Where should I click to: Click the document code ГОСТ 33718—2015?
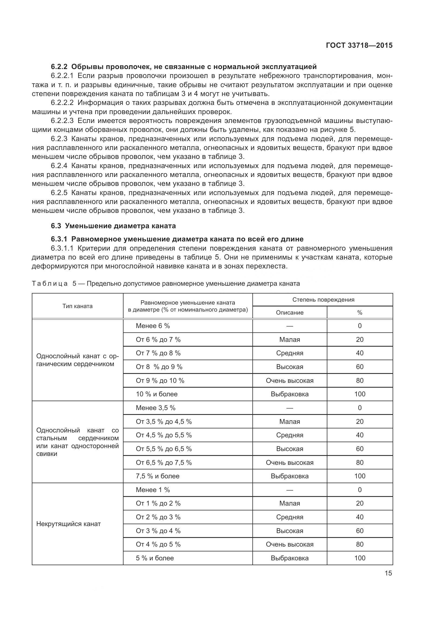(359, 46)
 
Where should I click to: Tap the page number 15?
(388, 573)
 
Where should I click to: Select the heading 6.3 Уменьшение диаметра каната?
(113, 226)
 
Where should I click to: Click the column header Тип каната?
(77, 306)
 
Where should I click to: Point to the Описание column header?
(289, 313)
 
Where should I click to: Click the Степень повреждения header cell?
(323, 300)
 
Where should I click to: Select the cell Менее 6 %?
(153, 326)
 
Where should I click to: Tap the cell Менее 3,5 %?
(155, 408)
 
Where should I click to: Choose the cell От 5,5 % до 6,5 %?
(164, 449)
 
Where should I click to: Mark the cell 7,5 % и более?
(157, 476)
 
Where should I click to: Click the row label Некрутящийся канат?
(68, 524)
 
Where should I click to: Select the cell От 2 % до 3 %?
(158, 517)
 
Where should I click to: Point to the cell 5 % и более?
(155, 558)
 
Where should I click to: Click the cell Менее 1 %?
(153, 490)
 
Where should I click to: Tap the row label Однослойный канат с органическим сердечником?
(77, 360)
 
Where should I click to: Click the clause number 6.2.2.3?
(62, 121)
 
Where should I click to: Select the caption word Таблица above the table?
(50, 284)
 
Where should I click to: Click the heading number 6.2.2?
(59, 67)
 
